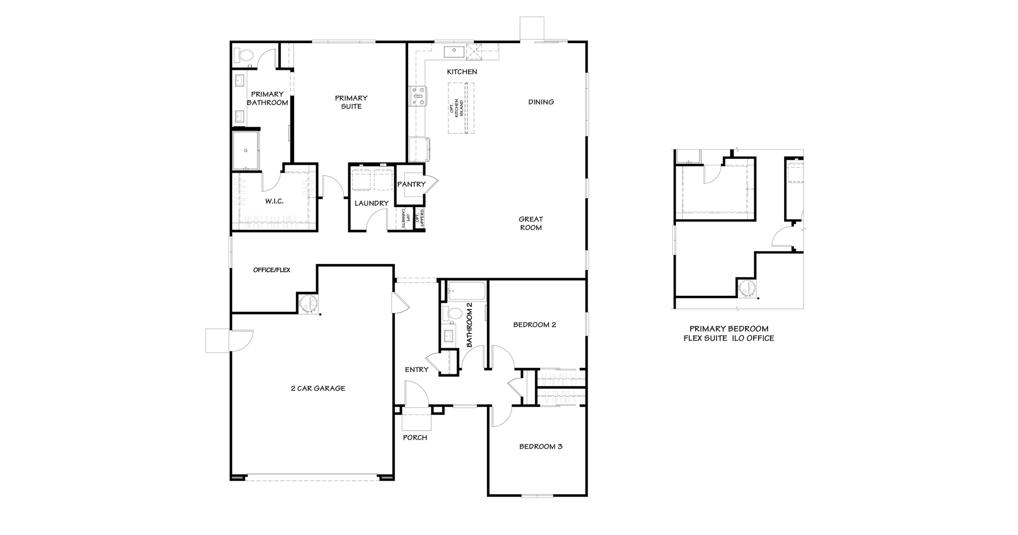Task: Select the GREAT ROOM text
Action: (x=531, y=223)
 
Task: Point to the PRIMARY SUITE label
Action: (x=351, y=102)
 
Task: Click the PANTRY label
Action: (x=411, y=184)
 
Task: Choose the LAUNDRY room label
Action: (x=371, y=203)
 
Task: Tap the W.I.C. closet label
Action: (x=274, y=201)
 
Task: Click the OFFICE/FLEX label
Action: (x=271, y=270)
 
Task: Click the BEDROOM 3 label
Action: (x=540, y=446)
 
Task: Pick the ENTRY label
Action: (x=416, y=369)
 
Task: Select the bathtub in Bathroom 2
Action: (x=466, y=292)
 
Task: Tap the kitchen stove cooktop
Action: (x=418, y=96)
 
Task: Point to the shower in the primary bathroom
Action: (x=245, y=150)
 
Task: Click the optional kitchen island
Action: (x=461, y=108)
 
